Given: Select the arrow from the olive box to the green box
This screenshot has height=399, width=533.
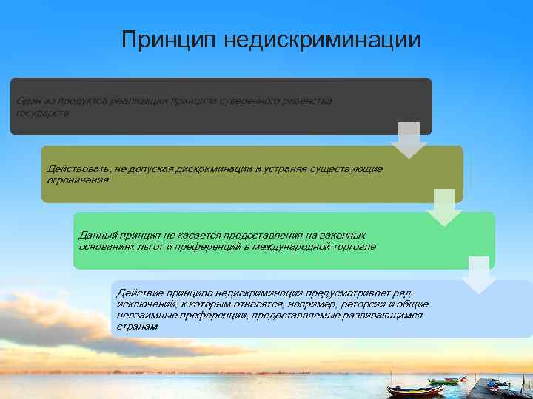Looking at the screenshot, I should [x=443, y=208].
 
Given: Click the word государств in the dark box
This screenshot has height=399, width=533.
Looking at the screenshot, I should [x=42, y=112].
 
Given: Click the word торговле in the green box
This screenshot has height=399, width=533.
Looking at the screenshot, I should [x=354, y=245].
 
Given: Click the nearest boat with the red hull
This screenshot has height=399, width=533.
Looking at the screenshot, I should [x=415, y=389].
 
